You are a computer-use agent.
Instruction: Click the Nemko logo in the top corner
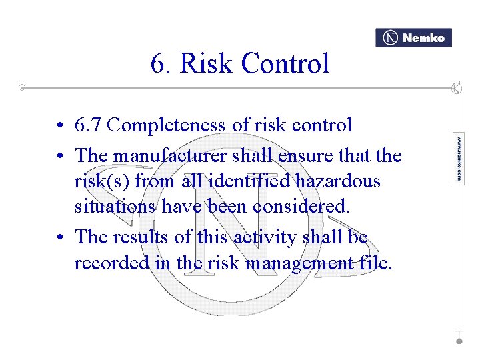coord(413,38)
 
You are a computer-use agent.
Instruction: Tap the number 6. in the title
coord(160,64)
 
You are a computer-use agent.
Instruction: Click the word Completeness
coord(164,125)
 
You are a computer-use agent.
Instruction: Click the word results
coord(150,237)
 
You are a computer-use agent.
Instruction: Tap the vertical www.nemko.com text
coord(459,159)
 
